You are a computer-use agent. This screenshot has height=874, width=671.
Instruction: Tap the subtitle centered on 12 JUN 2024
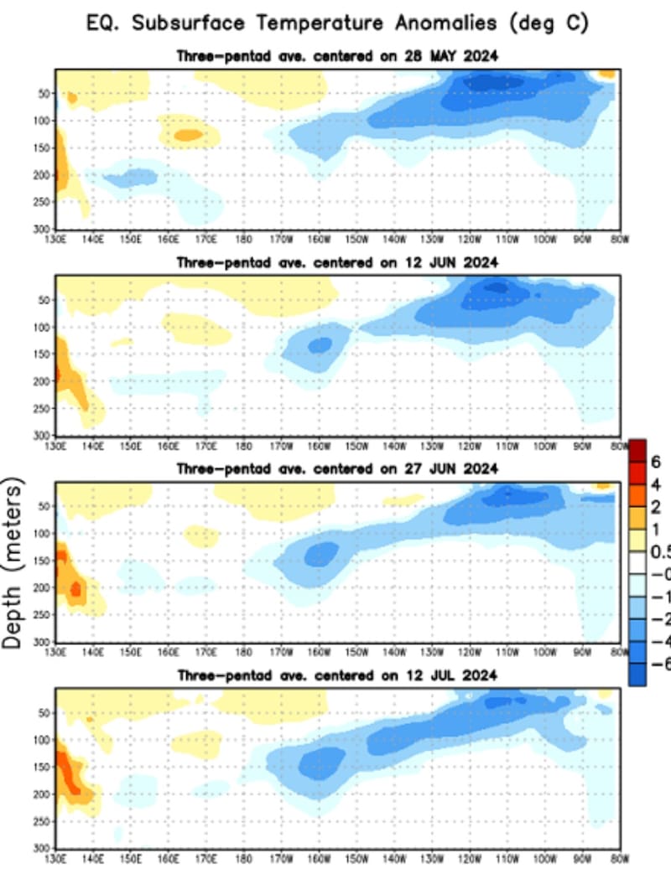click(x=337, y=262)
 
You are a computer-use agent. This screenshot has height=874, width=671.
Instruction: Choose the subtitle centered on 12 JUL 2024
click(x=337, y=675)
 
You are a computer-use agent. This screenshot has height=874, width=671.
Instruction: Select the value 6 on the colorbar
click(x=657, y=463)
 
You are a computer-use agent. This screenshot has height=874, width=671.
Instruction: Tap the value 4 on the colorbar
click(x=657, y=484)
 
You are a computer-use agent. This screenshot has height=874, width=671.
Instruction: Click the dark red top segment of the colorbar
click(x=637, y=451)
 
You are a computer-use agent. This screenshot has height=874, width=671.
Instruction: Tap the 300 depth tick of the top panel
click(x=43, y=229)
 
